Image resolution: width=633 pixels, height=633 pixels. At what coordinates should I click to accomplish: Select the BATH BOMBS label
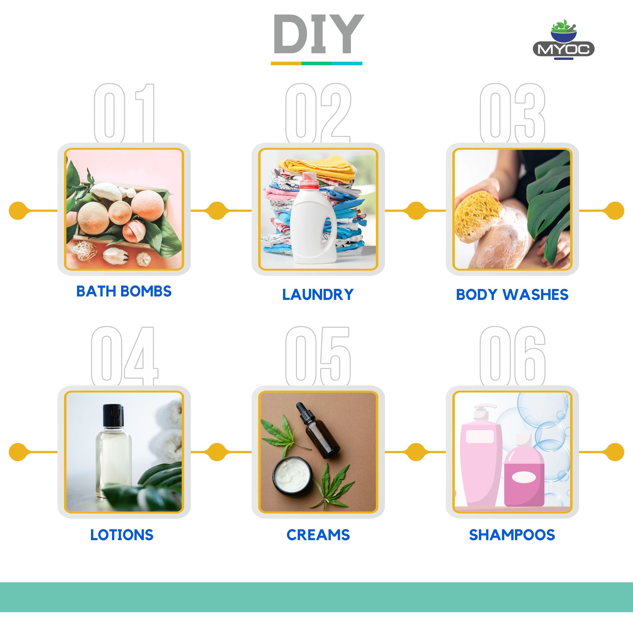point(124,291)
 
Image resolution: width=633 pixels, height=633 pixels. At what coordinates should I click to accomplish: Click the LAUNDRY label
point(318,295)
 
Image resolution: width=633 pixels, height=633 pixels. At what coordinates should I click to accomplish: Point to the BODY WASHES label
point(512,295)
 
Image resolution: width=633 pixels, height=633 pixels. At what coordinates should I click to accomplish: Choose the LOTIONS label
point(122,535)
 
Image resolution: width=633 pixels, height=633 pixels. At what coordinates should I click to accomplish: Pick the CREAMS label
point(318,535)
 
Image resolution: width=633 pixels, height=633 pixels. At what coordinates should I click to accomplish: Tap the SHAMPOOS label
point(512,535)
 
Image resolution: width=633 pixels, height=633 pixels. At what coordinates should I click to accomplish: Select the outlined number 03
point(512,113)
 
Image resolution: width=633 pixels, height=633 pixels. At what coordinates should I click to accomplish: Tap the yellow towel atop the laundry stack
point(318,168)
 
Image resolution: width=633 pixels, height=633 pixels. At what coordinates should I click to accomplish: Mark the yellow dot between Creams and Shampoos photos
point(416,452)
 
